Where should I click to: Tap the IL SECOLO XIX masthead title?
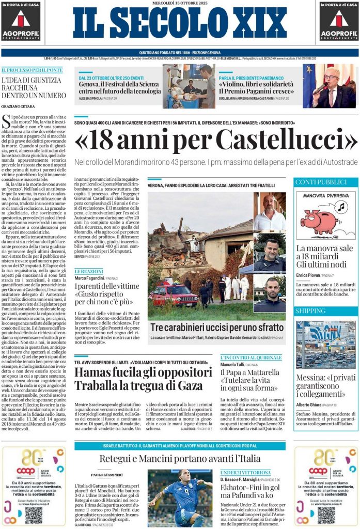pos(179,24)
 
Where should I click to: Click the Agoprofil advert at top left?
pos(21,22)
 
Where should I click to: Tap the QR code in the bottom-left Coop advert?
pos(34,515)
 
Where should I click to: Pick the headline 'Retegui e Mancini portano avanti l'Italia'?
pos(173,459)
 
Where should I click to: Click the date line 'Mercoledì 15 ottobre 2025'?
pos(180,3)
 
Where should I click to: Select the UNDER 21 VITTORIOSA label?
pos(245,472)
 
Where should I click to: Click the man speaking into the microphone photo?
pos(331,86)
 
